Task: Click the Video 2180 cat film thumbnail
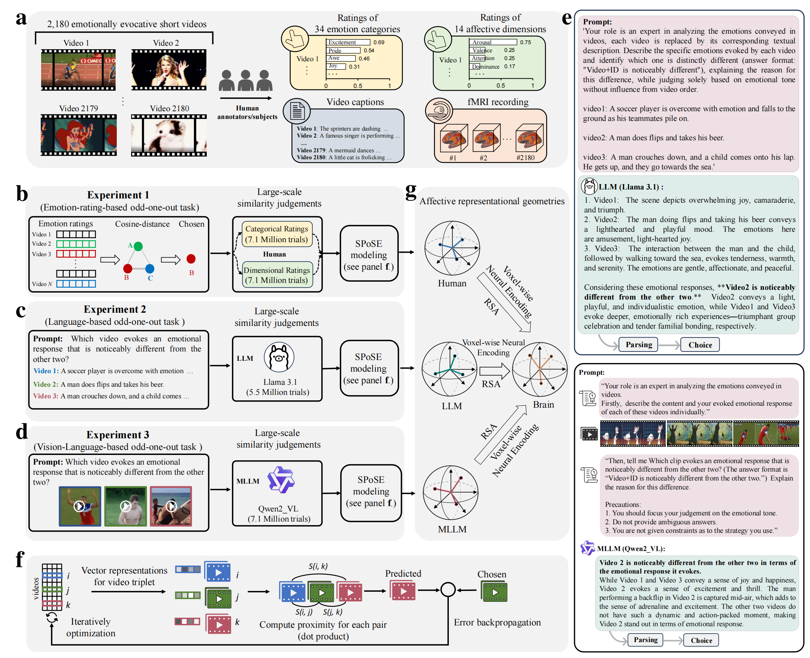coord(169,136)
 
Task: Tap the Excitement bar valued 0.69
coord(348,42)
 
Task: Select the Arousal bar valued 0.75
coord(493,42)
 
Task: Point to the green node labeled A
coord(138,246)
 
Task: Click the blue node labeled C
coord(150,269)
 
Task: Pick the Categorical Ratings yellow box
coord(277,234)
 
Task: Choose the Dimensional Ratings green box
coord(277,275)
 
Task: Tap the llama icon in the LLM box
coord(279,357)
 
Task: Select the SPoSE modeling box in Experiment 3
coord(371,491)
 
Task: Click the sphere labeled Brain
coord(540,369)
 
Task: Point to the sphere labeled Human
coord(452,248)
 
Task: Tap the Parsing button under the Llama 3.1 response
coord(639,345)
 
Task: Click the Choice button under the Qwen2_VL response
coord(701,640)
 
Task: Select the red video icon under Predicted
coord(403,591)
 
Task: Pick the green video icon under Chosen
coord(494,591)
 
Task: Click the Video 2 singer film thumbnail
coord(169,70)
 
